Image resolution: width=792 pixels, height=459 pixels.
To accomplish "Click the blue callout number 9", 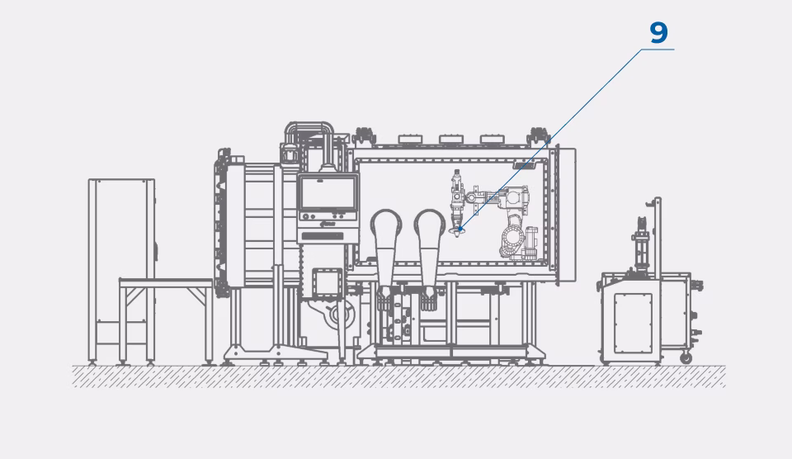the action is coord(658,33).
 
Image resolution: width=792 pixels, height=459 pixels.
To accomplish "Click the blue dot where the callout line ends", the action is coord(460,229).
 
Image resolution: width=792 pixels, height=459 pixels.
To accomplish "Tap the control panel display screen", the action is coord(328,193).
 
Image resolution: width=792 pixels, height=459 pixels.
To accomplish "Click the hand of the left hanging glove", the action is coord(385,297).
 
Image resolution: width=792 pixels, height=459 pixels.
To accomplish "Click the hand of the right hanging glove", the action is coord(429,297).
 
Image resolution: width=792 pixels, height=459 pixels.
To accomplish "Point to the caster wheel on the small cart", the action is coord(686,357).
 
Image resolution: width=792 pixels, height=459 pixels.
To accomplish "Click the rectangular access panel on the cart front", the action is coord(634,323).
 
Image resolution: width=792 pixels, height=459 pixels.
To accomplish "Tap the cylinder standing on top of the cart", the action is coord(641,248).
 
